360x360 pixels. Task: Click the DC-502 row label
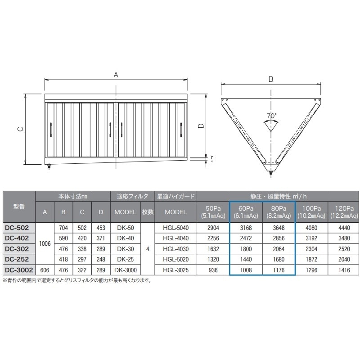tap(17, 228)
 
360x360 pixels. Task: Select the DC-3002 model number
tap(19, 270)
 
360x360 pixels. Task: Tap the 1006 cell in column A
tap(45, 243)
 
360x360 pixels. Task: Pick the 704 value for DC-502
tap(63, 228)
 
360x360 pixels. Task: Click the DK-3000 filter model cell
tap(126, 270)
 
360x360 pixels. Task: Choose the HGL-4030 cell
tap(175, 249)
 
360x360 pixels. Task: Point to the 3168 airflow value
tap(246, 228)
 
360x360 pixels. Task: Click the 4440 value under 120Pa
tap(344, 228)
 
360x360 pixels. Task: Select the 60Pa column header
tap(246, 212)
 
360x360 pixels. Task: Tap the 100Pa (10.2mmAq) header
tap(311, 212)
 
